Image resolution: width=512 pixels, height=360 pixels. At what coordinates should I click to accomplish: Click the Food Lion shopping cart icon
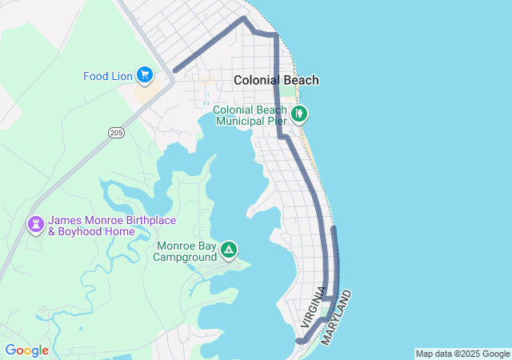(145, 75)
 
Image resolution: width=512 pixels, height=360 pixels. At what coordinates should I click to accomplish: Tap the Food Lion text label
(107, 77)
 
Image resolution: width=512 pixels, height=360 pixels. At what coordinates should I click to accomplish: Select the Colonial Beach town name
(276, 80)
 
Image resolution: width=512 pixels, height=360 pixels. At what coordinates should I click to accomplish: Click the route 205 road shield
(115, 132)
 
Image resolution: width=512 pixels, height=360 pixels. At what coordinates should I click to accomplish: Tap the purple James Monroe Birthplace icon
(36, 225)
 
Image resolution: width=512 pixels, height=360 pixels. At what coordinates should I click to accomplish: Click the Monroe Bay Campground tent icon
(229, 250)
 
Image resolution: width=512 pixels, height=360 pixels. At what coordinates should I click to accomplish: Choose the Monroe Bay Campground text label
(186, 251)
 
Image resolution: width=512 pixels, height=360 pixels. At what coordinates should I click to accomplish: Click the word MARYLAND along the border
(337, 318)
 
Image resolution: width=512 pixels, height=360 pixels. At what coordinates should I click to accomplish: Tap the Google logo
(26, 350)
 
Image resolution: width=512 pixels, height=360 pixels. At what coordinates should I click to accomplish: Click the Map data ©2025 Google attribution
(462, 354)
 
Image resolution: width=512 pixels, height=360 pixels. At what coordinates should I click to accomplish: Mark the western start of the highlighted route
(174, 71)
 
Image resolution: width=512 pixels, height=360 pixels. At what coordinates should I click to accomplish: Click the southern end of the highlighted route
(298, 342)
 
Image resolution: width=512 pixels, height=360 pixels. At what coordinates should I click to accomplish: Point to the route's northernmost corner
(244, 17)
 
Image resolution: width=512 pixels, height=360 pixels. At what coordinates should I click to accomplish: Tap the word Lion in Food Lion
(121, 77)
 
